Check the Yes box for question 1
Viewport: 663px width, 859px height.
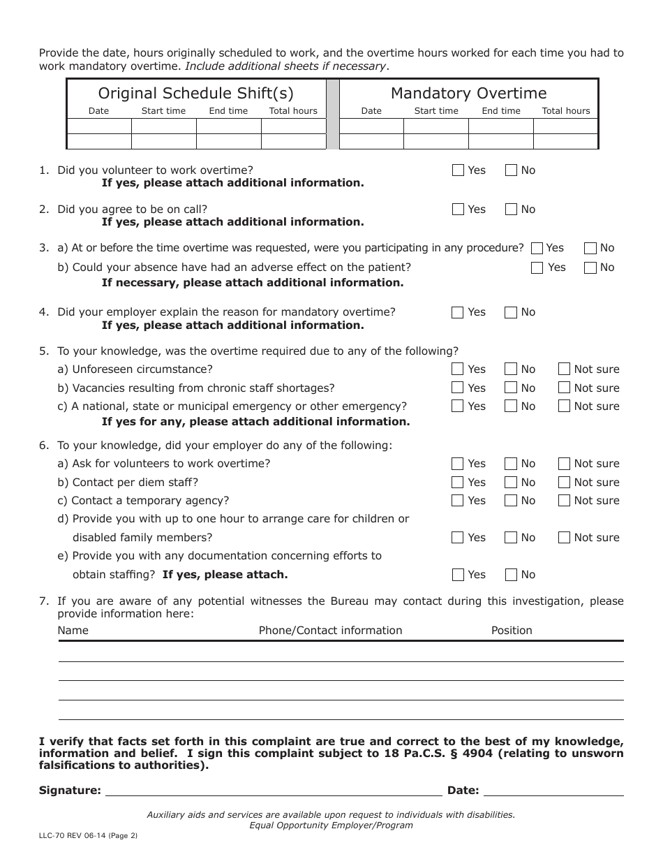click(x=458, y=170)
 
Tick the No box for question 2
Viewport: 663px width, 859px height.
click(x=511, y=210)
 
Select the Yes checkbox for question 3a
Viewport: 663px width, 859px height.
click(x=537, y=248)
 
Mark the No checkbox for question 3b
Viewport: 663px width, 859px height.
click(x=590, y=267)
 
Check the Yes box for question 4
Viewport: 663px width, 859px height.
click(x=458, y=313)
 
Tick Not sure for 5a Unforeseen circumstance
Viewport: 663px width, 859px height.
click(x=564, y=369)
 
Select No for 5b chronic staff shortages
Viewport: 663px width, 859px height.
click(x=511, y=388)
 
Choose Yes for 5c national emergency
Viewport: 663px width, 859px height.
click(x=458, y=406)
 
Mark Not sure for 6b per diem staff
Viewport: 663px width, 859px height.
click(x=564, y=483)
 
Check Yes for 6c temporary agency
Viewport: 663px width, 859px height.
click(x=458, y=501)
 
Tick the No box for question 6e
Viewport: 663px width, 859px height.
click(x=511, y=575)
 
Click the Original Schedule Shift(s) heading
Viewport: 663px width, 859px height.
click(x=196, y=94)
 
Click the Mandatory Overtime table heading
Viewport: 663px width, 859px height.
click(x=468, y=94)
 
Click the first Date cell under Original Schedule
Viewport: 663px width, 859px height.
click(x=99, y=126)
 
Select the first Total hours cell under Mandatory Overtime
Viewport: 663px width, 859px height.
click(x=565, y=126)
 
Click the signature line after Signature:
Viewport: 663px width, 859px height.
click(x=274, y=791)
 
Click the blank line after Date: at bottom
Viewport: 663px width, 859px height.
click(x=553, y=791)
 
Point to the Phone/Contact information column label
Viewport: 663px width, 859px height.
click(x=330, y=631)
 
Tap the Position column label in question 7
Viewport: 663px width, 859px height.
click(x=512, y=631)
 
